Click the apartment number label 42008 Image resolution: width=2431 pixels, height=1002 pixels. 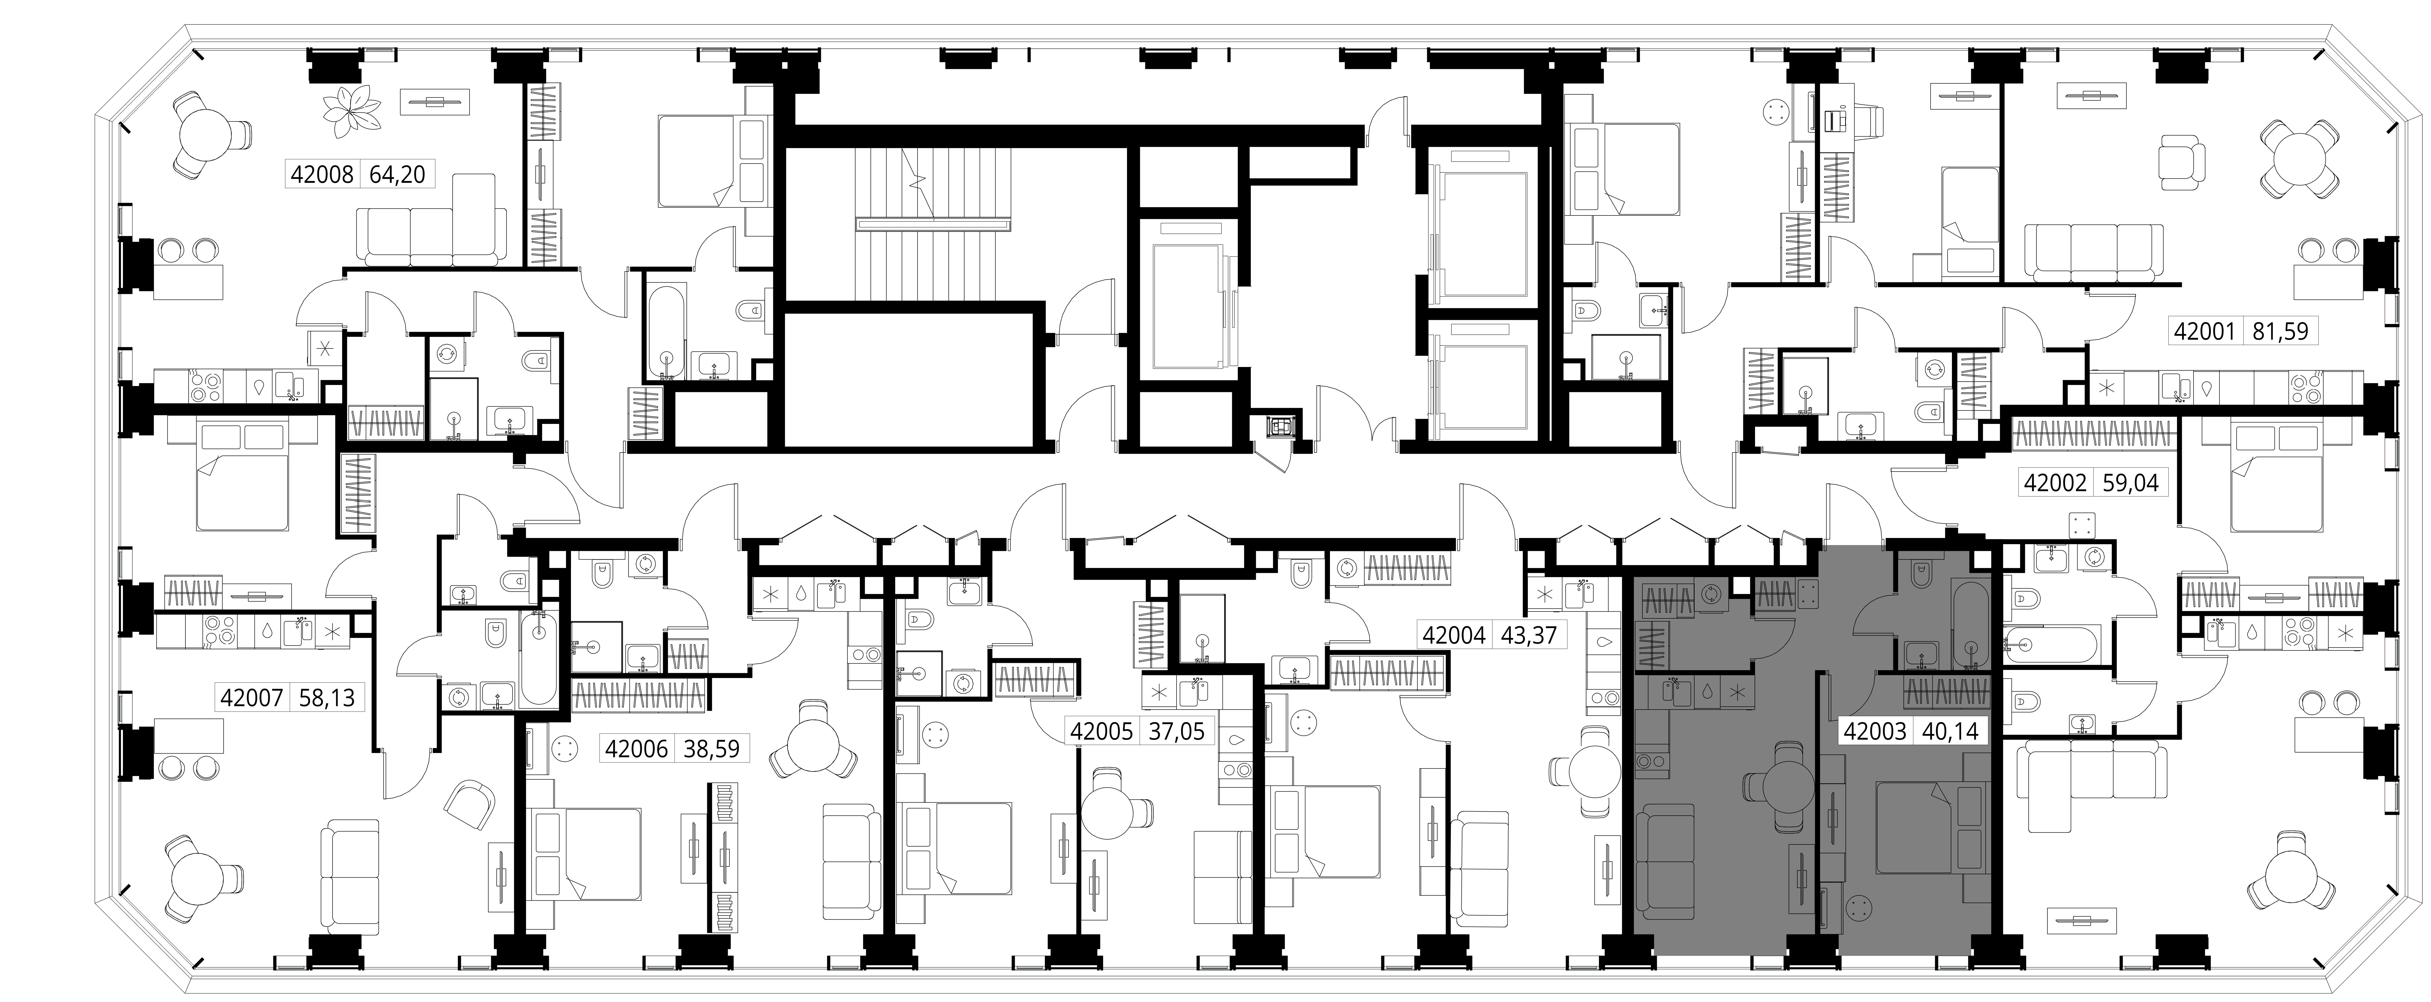pyautogui.click(x=322, y=174)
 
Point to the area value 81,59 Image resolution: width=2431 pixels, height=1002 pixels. pyautogui.click(x=2279, y=332)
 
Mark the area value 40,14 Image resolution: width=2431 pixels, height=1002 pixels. pyautogui.click(x=1950, y=730)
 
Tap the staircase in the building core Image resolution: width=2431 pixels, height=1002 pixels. pyautogui.click(x=932, y=226)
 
